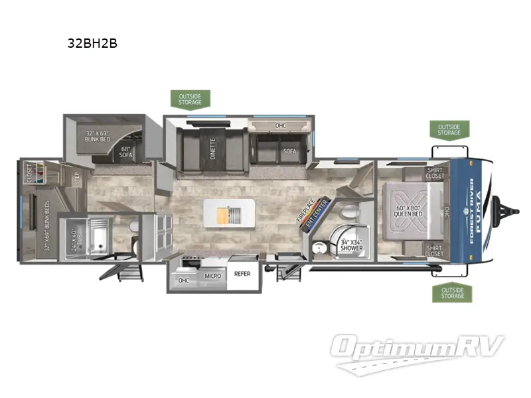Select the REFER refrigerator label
coord(242,273)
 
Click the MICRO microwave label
coord(212,275)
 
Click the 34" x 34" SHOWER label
coord(352,245)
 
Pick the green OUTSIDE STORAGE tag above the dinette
coord(190,99)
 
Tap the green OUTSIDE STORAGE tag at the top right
coord(449,129)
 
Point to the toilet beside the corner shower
coord(349,214)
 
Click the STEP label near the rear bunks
coord(77,179)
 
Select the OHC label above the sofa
coord(280,125)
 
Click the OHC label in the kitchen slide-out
coord(183,280)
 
